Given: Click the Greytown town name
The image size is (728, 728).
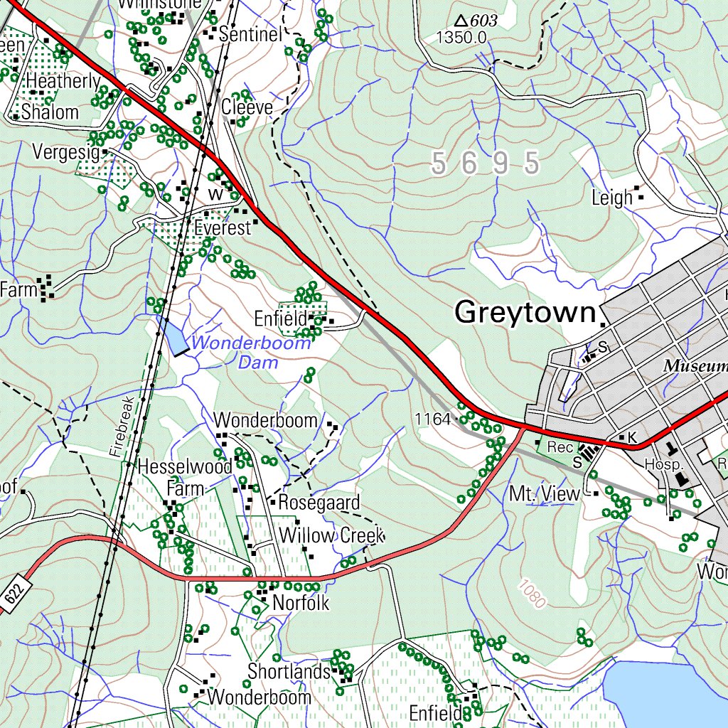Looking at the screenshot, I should (x=525, y=312).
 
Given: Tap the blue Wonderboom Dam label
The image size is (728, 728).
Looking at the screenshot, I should (x=250, y=353).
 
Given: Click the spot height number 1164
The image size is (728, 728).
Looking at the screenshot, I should (x=433, y=419).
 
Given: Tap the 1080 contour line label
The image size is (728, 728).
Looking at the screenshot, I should (x=532, y=594).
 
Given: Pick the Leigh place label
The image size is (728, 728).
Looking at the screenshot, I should (x=612, y=198).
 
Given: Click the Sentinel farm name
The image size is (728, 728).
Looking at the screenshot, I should (x=251, y=33).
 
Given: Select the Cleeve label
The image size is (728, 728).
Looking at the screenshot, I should (x=247, y=107).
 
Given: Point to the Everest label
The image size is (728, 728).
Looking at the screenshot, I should (x=223, y=228).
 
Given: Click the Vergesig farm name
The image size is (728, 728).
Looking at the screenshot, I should (x=65, y=151).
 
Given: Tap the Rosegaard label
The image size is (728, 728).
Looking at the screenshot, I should (x=318, y=502).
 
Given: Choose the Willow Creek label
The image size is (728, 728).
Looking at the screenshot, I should (x=331, y=535).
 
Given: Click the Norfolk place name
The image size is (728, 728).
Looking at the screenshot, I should (x=299, y=603).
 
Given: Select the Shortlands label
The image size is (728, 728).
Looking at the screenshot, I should (x=289, y=671).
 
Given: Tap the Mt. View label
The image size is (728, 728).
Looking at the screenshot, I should (x=545, y=493).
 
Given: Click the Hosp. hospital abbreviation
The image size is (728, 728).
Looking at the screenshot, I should (x=663, y=464).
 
